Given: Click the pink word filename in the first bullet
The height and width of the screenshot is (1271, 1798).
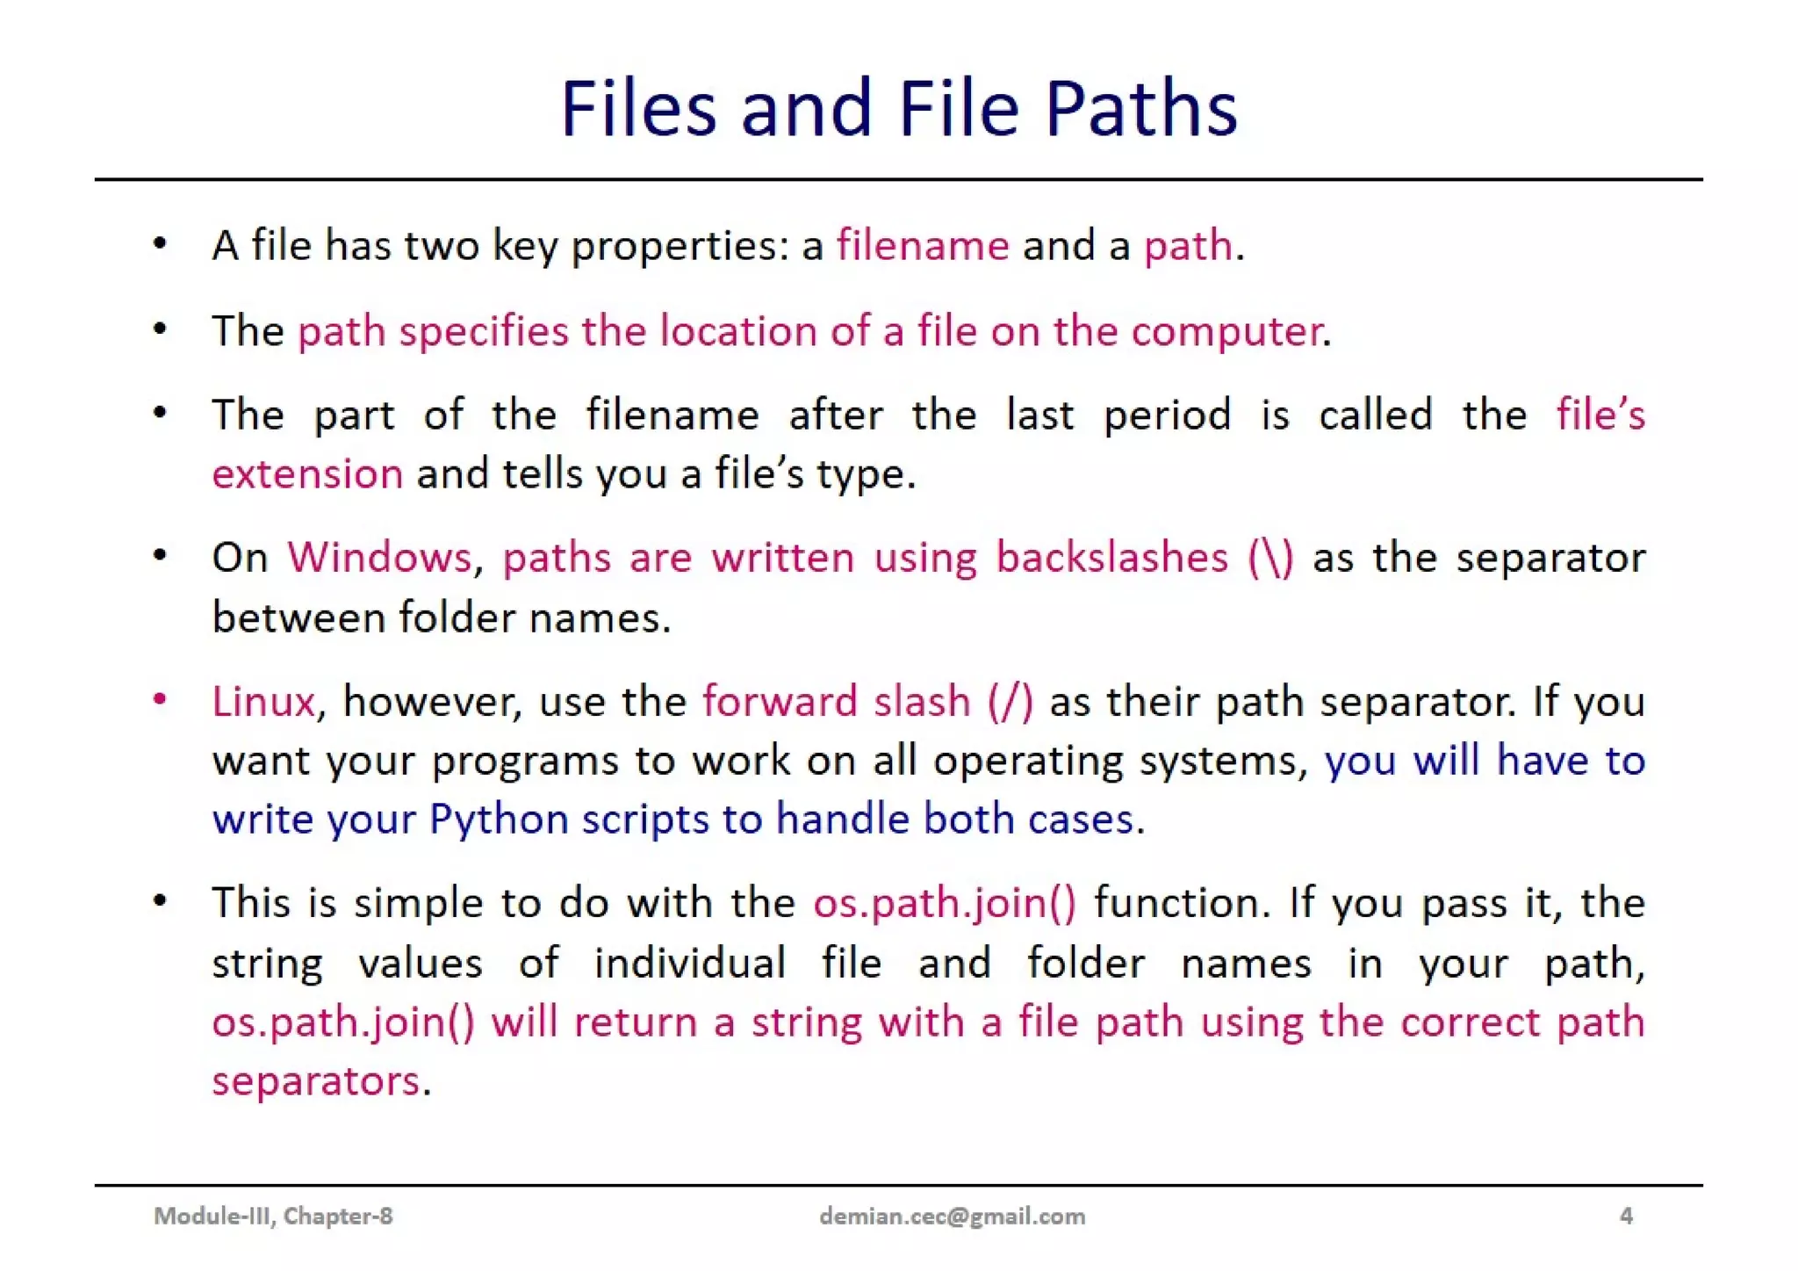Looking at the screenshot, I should pyautogui.click(x=923, y=245).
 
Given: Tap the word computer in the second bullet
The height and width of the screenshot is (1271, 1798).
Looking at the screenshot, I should pyautogui.click(x=1226, y=331).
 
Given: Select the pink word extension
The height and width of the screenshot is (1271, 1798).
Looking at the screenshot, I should pyautogui.click(x=307, y=474).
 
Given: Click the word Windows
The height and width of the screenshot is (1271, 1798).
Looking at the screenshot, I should pyautogui.click(x=379, y=558).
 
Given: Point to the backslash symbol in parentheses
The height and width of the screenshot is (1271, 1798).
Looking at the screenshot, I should pyautogui.click(x=1270, y=558).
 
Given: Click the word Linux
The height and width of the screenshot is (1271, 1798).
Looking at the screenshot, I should pyautogui.click(x=263, y=702).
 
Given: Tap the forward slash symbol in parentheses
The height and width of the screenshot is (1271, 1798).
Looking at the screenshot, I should pyautogui.click(x=1010, y=702).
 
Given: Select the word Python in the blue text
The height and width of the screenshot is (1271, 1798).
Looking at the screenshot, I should pyautogui.click(x=499, y=820).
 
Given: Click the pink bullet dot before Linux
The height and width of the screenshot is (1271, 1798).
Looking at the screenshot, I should pyautogui.click(x=160, y=700).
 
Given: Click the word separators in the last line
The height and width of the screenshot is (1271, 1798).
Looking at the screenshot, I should pyautogui.click(x=316, y=1081).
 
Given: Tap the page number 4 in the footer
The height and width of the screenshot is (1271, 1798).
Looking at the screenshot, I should pyautogui.click(x=1626, y=1216).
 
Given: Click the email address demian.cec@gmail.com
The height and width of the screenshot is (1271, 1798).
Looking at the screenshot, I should pyautogui.click(x=952, y=1216).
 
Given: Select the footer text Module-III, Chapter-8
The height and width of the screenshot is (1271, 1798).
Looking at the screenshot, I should pyautogui.click(x=273, y=1216).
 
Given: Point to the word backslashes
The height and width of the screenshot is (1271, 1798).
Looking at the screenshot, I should pyautogui.click(x=1111, y=558).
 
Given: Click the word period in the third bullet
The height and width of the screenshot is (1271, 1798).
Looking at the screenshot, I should pyautogui.click(x=1167, y=415).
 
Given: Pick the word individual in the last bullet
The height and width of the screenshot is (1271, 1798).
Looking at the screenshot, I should pyautogui.click(x=689, y=964).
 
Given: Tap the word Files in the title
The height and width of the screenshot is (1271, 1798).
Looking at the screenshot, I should pyautogui.click(x=638, y=109).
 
